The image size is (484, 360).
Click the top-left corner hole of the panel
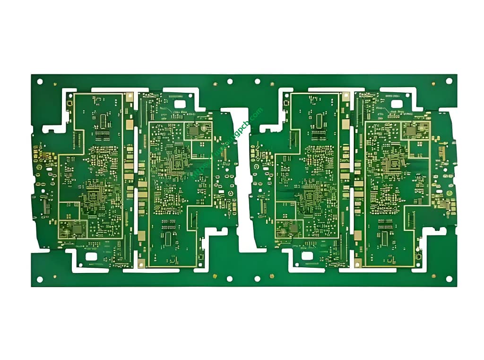point(40,81)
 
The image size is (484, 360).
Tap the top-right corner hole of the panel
point(449,81)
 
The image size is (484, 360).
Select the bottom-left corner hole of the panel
point(40,279)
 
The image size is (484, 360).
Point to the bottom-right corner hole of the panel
point(449,279)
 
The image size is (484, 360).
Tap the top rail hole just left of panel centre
point(230,81)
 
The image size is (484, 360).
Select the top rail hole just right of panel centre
point(257,81)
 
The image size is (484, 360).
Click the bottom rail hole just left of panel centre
point(230,279)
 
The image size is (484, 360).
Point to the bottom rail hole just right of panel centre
point(257,279)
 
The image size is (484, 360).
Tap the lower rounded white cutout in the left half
point(91,256)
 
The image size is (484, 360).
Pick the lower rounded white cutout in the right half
point(308,256)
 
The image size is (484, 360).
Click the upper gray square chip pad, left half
point(193,130)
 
